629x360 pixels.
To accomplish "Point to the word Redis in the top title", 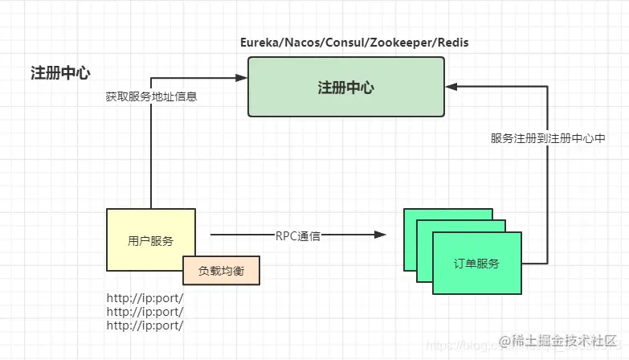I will tap(451, 42).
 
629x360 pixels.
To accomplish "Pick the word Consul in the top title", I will tap(344, 42).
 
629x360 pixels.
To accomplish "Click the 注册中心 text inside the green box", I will tap(345, 88).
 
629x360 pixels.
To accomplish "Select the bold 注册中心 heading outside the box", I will tap(61, 73).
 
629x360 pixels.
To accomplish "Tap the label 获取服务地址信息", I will tap(151, 96).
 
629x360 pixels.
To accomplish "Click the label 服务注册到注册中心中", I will tap(548, 137).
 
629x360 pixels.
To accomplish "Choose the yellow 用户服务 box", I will tap(151, 239).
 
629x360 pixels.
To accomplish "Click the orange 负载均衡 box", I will tap(222, 271).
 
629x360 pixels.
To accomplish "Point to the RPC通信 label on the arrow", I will tap(298, 235).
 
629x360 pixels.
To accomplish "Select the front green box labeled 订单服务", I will tap(476, 263).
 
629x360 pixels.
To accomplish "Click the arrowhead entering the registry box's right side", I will tap(451, 84).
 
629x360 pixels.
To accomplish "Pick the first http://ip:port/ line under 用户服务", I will tap(145, 297).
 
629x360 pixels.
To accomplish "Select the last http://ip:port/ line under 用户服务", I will tap(145, 325).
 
